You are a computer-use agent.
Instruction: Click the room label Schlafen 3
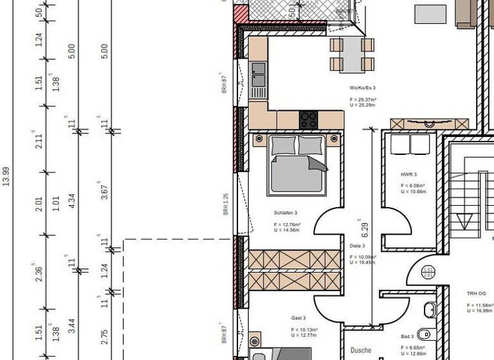tap(285, 213)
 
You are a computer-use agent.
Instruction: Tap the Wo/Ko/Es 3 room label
tap(363, 87)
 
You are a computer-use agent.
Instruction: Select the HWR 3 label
tap(409, 175)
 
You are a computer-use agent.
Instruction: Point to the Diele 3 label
tap(358, 246)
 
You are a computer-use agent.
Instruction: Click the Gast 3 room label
tap(298, 318)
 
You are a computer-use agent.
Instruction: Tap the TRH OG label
tap(477, 293)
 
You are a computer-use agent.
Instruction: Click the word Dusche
tap(361, 350)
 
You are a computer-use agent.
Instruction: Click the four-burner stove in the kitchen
tap(308, 120)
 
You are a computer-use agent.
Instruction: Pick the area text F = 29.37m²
tap(363, 100)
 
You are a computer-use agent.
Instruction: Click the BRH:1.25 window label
tap(226, 204)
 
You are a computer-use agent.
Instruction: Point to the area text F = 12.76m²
tap(287, 225)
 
